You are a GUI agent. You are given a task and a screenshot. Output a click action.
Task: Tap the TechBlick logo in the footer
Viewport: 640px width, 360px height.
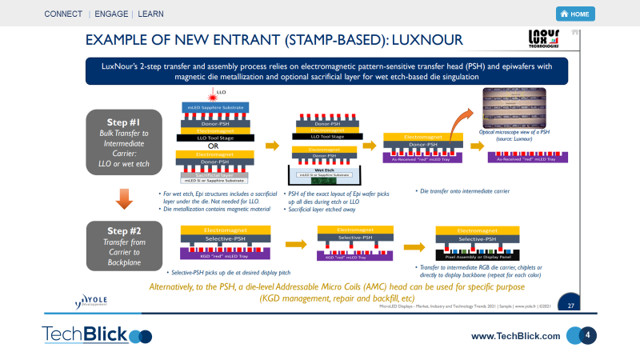pos(97,335)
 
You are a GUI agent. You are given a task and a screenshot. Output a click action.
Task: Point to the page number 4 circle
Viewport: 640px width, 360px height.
pos(587,335)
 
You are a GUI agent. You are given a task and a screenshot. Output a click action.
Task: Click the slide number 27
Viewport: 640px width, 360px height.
pos(570,306)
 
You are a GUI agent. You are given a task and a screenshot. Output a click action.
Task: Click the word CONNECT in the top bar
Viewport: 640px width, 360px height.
pos(63,14)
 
